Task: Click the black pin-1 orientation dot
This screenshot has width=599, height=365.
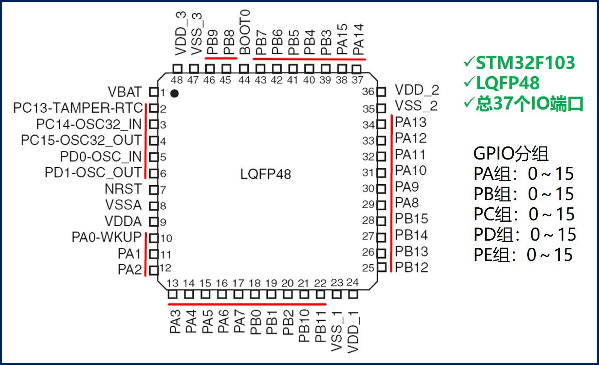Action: click(174, 93)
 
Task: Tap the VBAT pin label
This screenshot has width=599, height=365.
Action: click(125, 92)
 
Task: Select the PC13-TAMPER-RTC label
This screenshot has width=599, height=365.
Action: click(78, 108)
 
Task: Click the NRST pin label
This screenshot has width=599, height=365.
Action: click(123, 189)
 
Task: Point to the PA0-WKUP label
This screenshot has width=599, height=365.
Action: click(106, 237)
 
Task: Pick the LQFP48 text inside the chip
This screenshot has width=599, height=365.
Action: click(266, 174)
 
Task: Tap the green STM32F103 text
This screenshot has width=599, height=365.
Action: click(525, 63)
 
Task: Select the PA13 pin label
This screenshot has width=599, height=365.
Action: click(410, 122)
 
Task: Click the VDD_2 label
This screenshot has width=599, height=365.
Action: click(417, 90)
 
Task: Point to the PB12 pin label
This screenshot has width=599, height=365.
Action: click(411, 268)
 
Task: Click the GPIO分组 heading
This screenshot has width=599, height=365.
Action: click(511, 154)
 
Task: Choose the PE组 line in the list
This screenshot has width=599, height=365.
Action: click(523, 255)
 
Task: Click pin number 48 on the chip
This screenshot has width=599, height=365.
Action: click(178, 80)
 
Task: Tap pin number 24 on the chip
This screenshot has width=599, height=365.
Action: click(352, 283)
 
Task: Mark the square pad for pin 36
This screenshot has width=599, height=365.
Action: click(381, 92)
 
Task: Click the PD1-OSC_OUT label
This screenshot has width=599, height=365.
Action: click(93, 173)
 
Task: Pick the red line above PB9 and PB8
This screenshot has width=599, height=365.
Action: click(221, 58)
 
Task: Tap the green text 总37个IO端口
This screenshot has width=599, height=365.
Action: click(529, 104)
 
